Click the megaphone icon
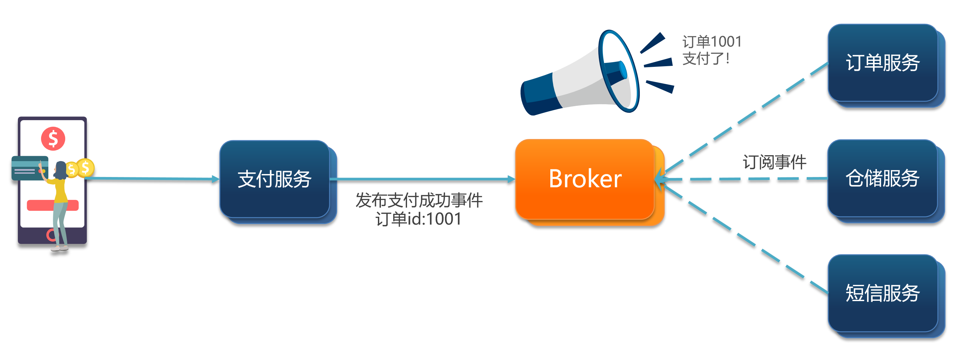point(596,73)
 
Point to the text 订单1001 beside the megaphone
point(712,42)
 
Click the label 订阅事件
point(774,162)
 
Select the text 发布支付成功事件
point(419,201)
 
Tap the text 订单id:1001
point(419,219)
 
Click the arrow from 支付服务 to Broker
point(423,179)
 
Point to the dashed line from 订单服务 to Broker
point(745,118)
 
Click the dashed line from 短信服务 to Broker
point(745,239)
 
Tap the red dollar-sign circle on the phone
point(53,139)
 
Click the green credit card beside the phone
point(30,168)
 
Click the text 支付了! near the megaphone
point(706,59)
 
